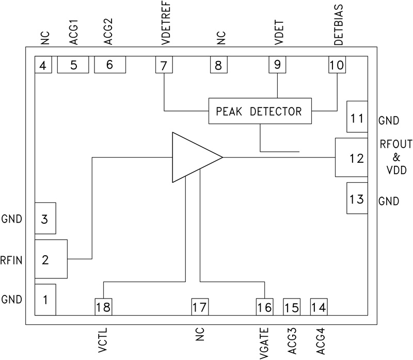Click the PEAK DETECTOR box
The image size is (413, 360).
pyautogui.click(x=261, y=111)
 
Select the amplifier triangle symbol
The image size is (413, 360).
pyautogui.click(x=192, y=157)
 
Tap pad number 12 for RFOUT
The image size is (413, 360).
pyautogui.click(x=351, y=158)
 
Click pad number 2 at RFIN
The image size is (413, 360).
pyautogui.click(x=51, y=259)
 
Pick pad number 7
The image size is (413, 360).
pyautogui.click(x=164, y=65)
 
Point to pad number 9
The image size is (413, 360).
pyautogui.click(x=277, y=65)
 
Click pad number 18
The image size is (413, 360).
pyautogui.click(x=103, y=307)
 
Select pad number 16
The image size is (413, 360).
pyautogui.click(x=265, y=307)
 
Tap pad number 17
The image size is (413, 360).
pyautogui.click(x=200, y=307)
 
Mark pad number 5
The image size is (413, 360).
pyautogui.click(x=73, y=65)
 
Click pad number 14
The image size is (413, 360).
pyautogui.click(x=319, y=307)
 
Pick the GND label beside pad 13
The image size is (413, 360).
pyautogui.click(x=388, y=200)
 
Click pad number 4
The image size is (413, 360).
pyautogui.click(x=43, y=65)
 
